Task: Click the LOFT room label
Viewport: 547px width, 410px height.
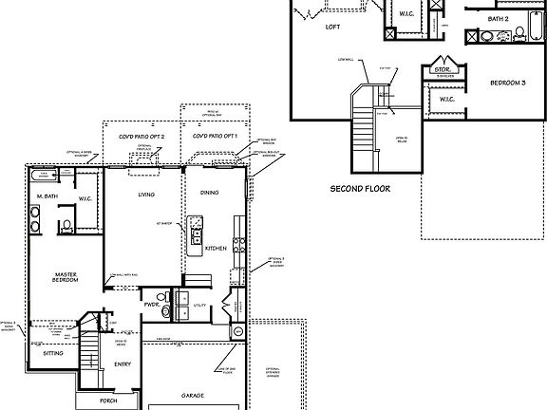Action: [332, 28]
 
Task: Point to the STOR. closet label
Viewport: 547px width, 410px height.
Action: [441, 69]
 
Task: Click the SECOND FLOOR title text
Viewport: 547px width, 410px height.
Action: [360, 188]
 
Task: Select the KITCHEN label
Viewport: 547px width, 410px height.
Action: [217, 249]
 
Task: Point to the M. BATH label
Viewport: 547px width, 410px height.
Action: [47, 196]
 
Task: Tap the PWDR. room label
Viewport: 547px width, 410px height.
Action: [152, 305]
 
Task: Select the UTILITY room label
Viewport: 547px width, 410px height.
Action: [199, 306]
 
